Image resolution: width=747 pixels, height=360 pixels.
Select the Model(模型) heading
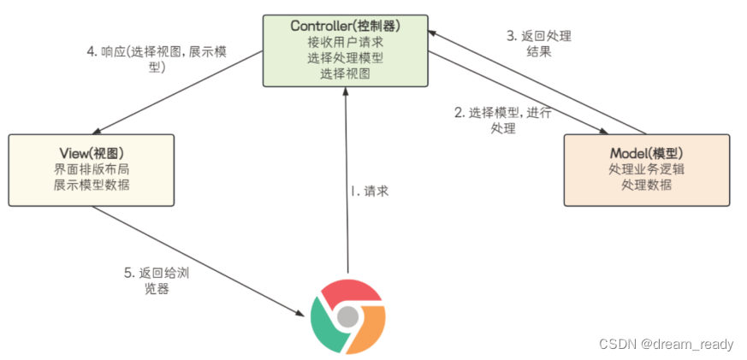pos(647,152)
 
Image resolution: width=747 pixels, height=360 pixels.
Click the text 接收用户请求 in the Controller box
pos(345,41)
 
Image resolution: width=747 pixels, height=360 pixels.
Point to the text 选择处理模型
pos(345,57)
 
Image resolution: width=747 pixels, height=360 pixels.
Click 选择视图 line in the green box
pos(345,74)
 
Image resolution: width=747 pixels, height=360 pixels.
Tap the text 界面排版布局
pos(91,168)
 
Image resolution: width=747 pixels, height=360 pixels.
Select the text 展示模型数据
pos(91,185)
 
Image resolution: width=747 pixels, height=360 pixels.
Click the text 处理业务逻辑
pos(647,168)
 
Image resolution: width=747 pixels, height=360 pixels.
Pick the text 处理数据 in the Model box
pos(647,185)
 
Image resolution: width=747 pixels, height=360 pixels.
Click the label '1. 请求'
pos(370,192)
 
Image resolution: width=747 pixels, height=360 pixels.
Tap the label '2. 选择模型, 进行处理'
pos(503,120)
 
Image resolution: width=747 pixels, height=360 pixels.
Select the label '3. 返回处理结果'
pos(539,44)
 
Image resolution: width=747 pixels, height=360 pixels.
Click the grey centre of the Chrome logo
pos(347,318)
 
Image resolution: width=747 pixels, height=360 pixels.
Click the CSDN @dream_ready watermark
pos(666,344)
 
